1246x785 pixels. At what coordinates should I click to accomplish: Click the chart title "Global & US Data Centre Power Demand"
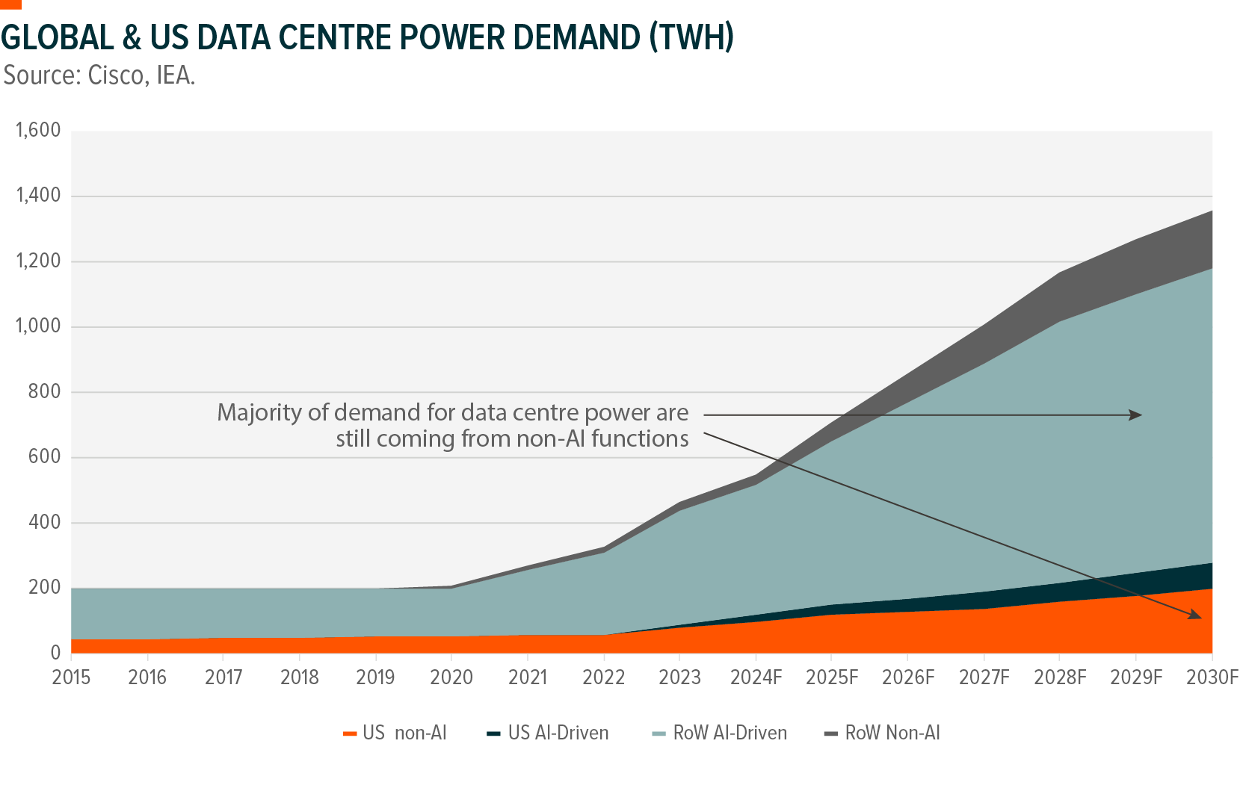(x=367, y=37)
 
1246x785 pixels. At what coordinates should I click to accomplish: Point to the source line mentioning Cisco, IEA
(x=99, y=75)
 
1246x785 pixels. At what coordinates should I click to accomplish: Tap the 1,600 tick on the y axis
(x=38, y=131)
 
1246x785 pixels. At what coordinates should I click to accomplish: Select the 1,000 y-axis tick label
(x=38, y=326)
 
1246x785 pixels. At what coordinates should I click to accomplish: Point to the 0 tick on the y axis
(x=55, y=653)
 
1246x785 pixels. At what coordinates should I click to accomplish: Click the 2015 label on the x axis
(x=71, y=677)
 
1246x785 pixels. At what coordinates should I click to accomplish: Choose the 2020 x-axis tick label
(x=451, y=677)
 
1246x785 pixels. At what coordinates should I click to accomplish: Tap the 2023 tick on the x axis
(x=679, y=677)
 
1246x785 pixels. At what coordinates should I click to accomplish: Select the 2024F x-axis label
(x=756, y=677)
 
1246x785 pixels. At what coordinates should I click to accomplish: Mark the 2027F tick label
(x=984, y=677)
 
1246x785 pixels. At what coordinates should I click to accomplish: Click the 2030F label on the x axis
(x=1212, y=677)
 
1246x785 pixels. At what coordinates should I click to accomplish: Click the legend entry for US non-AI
(x=395, y=733)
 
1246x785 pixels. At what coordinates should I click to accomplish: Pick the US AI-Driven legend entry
(x=548, y=733)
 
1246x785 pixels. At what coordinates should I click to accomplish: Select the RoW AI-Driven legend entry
(x=720, y=733)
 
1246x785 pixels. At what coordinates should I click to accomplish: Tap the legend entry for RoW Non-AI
(x=883, y=733)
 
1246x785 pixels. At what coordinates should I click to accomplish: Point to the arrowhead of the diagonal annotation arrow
(x=1196, y=616)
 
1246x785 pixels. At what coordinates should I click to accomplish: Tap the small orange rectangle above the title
(x=10, y=4)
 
